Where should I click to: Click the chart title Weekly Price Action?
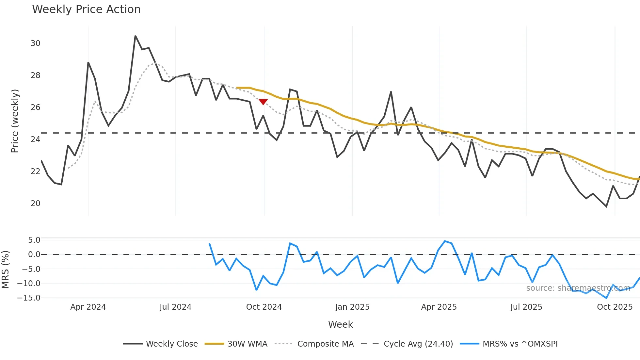click(86, 9)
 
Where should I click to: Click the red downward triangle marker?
click(263, 102)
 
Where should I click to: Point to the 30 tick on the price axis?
click(35, 43)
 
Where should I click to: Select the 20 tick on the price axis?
click(35, 203)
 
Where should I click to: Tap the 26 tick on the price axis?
click(35, 107)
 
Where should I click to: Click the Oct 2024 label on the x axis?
click(264, 307)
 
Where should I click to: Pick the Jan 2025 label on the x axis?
click(352, 307)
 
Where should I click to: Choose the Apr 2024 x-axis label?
click(88, 307)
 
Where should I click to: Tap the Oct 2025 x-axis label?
click(615, 307)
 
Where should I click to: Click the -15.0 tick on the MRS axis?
click(29, 298)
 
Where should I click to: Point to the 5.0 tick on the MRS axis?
click(34, 240)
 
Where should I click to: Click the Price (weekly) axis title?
click(15, 121)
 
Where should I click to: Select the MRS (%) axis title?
click(5, 270)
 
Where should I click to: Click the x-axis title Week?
click(340, 324)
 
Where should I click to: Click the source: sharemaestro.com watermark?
click(578, 288)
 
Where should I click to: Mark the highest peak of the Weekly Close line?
click(135, 36)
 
